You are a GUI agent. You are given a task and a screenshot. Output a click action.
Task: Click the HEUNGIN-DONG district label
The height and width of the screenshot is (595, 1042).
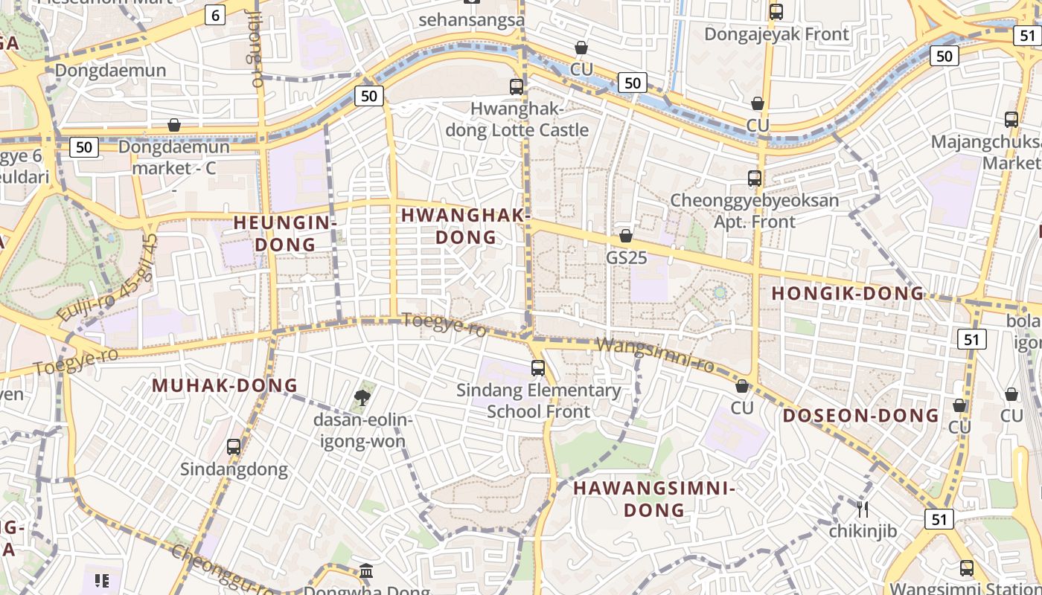[x=285, y=233]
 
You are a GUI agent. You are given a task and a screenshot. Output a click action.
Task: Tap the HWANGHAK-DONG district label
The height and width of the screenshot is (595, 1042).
[x=466, y=226]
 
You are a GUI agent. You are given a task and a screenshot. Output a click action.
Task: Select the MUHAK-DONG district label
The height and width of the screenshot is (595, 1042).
[x=225, y=385]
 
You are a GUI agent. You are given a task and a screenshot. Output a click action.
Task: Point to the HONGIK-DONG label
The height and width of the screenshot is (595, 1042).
[x=847, y=293]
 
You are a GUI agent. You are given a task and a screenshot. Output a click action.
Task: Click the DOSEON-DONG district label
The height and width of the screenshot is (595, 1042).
[x=860, y=415]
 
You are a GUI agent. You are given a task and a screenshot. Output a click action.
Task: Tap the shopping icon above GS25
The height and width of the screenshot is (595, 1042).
[x=626, y=236]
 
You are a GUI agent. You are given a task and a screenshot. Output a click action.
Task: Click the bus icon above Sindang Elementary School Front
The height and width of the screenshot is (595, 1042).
[x=537, y=367]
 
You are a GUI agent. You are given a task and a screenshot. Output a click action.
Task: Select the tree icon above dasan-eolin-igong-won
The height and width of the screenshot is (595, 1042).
[x=362, y=397]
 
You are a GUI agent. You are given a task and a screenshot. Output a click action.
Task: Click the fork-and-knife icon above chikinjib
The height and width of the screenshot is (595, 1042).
[x=863, y=509]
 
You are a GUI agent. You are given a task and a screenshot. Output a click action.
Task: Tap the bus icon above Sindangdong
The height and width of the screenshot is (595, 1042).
[x=234, y=446]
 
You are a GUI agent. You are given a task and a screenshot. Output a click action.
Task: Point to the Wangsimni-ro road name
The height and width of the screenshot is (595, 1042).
[x=656, y=355]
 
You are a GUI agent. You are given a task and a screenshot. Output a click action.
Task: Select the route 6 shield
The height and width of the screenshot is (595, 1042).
[x=216, y=15]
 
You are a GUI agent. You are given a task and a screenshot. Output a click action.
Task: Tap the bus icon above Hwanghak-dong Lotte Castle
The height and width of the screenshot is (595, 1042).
[x=517, y=86]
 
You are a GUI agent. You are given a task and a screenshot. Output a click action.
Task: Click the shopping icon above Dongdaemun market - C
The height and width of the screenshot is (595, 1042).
[x=174, y=124]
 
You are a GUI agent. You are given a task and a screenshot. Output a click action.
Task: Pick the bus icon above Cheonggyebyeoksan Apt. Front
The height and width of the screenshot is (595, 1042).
[x=755, y=178]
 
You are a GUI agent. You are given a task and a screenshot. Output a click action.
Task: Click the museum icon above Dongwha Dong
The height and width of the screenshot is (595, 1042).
[x=366, y=571]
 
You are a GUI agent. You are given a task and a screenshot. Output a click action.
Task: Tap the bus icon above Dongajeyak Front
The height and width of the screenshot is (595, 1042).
[x=776, y=12]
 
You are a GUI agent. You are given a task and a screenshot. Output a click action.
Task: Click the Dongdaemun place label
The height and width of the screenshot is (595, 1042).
[x=110, y=71]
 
